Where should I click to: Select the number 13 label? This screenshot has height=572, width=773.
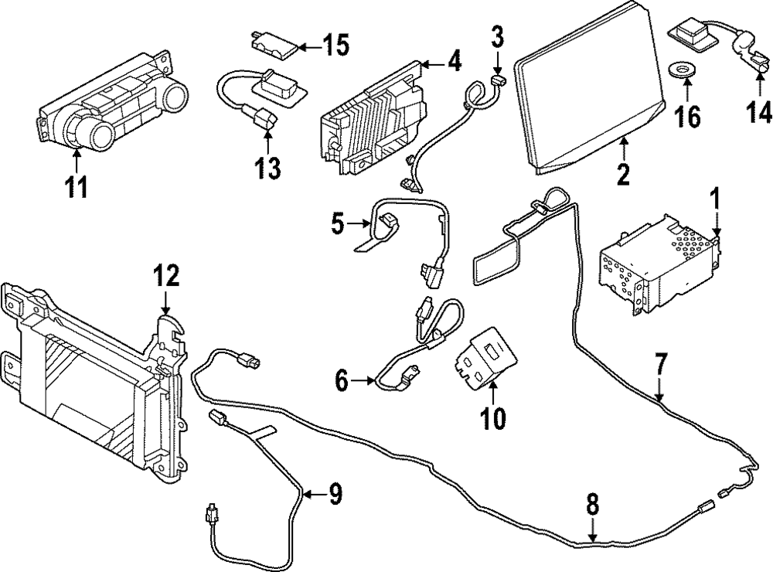point(267,168)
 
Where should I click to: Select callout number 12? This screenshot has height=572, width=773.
point(166,275)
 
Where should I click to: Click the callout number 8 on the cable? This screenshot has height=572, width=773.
point(592,507)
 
